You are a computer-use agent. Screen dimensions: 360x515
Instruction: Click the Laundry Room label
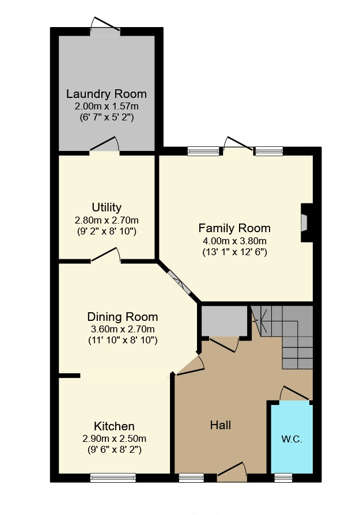coord(107,94)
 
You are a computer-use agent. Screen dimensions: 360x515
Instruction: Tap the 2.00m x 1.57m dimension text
coord(107,107)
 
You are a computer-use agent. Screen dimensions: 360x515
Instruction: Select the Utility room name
coord(107,207)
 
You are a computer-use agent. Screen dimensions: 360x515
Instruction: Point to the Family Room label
coord(234,228)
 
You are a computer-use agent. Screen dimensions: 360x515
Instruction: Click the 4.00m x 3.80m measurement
coord(234,241)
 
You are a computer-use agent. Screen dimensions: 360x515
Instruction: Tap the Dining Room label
coord(123,317)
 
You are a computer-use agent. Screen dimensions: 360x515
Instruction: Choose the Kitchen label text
coord(114,426)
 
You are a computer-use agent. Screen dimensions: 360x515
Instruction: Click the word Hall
coord(221,425)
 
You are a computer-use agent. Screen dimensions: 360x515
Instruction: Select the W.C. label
coord(291,439)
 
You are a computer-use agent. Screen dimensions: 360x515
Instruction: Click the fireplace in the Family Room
coord(306,223)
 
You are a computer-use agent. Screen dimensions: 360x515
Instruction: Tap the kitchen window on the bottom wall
coord(113,478)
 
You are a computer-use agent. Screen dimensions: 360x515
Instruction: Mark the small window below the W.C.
coord(283,478)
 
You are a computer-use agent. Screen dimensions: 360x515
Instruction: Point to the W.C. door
coord(294,393)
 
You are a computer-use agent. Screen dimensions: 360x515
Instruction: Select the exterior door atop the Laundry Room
coord(105,26)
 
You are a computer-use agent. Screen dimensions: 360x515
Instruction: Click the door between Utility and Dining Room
coord(106,256)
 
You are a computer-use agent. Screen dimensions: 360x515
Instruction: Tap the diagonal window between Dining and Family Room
coord(179,282)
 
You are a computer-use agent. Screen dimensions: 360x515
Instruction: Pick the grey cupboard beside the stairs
coord(224,321)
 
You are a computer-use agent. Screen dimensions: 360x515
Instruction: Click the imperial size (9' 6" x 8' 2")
coord(114,450)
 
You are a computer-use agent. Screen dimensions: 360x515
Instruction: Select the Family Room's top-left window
coord(203,152)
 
